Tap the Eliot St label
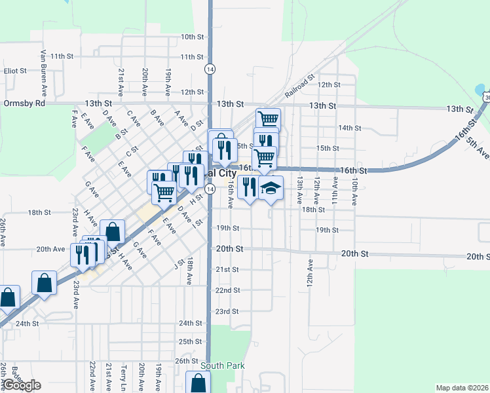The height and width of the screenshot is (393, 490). click(x=14, y=70)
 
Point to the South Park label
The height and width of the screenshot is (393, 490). click(x=221, y=365)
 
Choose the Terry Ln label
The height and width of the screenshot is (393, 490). click(x=123, y=377)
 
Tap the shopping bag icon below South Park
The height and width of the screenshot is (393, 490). click(x=198, y=383)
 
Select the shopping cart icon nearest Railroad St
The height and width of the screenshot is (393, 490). click(x=268, y=119)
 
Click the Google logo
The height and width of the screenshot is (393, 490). click(x=21, y=385)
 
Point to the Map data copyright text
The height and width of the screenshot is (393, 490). click(x=462, y=388)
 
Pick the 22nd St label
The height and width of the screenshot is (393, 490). click(x=227, y=290)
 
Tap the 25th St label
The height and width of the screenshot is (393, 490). click(x=190, y=341)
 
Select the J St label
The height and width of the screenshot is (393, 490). click(x=176, y=264)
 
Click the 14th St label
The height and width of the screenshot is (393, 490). click(x=350, y=128)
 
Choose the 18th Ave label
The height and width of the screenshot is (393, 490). click(x=189, y=271)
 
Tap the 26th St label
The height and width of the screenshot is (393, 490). click(x=186, y=361)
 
